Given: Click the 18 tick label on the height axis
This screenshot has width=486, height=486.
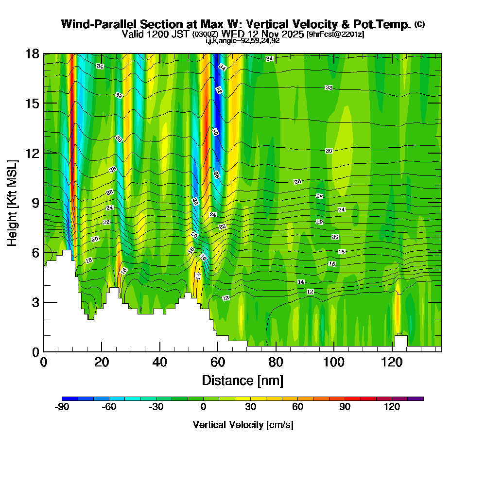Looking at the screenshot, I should (32, 53).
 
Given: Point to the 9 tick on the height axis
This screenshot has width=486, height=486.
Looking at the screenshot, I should (44, 203).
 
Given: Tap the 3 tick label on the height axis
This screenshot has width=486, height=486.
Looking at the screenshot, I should (35, 302).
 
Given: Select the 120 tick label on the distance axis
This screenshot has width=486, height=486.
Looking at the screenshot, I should (392, 363).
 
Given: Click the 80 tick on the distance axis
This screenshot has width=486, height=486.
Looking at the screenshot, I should (276, 351).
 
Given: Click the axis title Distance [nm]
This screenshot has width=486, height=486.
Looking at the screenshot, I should (242, 380).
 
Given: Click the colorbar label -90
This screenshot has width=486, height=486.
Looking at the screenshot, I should (62, 407).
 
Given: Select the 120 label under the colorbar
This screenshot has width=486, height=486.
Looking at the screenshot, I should (392, 407).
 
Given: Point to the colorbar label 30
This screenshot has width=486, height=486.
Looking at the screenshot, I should (250, 407).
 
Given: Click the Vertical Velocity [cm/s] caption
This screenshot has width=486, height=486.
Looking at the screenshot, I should (243, 425).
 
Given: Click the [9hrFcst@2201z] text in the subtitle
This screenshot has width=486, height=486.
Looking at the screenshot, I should (335, 35).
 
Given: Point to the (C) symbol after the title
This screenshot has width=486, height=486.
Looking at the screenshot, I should (419, 24).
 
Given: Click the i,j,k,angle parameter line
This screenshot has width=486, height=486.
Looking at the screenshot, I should (243, 41).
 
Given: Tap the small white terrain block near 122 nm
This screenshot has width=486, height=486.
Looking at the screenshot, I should (401, 341).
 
